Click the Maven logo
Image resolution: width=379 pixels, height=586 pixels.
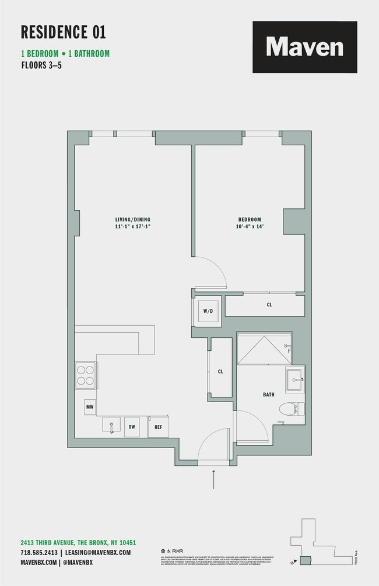pyautogui.click(x=304, y=47)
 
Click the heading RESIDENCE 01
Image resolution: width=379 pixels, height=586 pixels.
pyautogui.click(x=64, y=32)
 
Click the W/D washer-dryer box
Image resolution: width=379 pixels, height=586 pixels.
pyautogui.click(x=208, y=311)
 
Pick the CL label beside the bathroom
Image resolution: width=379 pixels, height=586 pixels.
pyautogui.click(x=220, y=371)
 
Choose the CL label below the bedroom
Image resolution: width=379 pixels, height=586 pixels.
pyautogui.click(x=269, y=305)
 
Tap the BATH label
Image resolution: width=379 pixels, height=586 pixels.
pyautogui.click(x=268, y=395)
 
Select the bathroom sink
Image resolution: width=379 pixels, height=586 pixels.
pyautogui.click(x=294, y=380)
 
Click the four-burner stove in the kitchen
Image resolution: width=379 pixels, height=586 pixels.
pyautogui.click(x=85, y=374)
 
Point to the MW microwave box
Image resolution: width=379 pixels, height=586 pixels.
pyautogui.click(x=90, y=406)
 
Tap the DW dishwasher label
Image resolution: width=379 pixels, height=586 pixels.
pyautogui.click(x=132, y=427)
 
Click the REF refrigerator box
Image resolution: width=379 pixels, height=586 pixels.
pyautogui.click(x=158, y=427)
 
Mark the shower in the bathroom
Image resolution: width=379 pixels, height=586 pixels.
pyautogui.click(x=264, y=347)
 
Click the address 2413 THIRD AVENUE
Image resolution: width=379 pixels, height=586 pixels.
pyautogui.click(x=78, y=542)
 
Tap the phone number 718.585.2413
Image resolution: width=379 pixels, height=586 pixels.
pyautogui.click(x=38, y=552)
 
